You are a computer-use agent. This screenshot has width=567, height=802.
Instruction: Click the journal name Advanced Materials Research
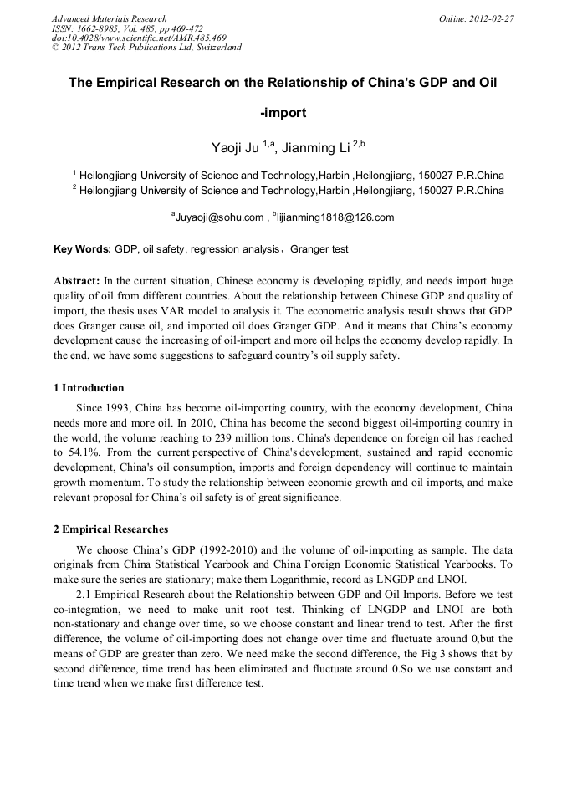[x=109, y=18]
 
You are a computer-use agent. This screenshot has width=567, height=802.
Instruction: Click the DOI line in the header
[x=139, y=38]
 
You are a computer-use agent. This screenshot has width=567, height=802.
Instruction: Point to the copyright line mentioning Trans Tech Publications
[x=146, y=48]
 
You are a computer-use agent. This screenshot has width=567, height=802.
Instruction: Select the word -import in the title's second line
[x=283, y=113]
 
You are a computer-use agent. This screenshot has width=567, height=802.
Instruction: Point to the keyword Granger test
[x=319, y=249]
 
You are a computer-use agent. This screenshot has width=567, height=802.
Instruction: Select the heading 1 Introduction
[x=89, y=388]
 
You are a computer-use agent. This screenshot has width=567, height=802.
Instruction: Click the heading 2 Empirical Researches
[x=110, y=529]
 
